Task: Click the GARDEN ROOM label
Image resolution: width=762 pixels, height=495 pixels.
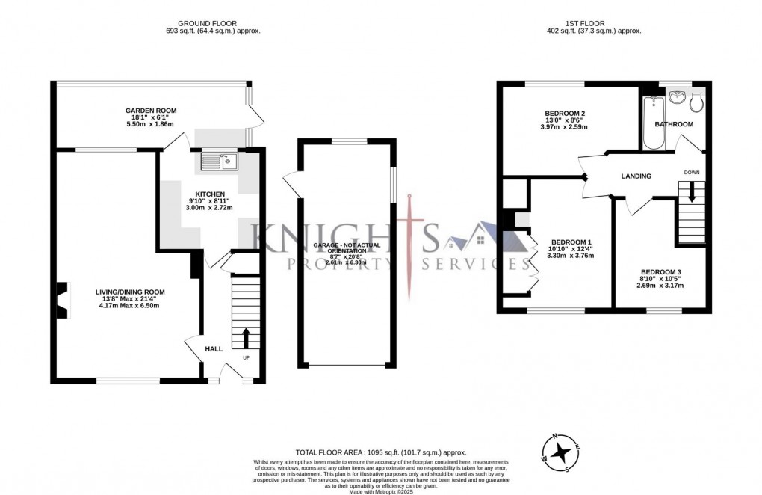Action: coord(151,111)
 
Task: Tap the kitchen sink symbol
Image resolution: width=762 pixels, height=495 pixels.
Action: coord(219,159)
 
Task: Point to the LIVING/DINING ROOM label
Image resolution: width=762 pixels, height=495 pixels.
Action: coord(129,292)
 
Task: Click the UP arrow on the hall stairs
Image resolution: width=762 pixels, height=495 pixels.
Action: coord(246,338)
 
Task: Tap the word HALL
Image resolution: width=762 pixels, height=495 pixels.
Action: coord(214,348)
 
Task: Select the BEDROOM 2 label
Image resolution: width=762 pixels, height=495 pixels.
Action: coord(565,114)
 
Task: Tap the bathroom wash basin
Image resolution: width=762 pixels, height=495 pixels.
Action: coord(678,98)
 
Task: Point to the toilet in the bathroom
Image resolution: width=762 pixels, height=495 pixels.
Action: coord(696,101)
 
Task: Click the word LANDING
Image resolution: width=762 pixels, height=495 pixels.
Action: coord(636,176)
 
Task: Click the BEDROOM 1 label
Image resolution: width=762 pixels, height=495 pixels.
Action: coord(571,242)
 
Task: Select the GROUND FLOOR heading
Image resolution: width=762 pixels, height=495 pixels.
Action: coord(213,23)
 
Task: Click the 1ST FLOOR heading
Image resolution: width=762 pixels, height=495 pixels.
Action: coord(595,23)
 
